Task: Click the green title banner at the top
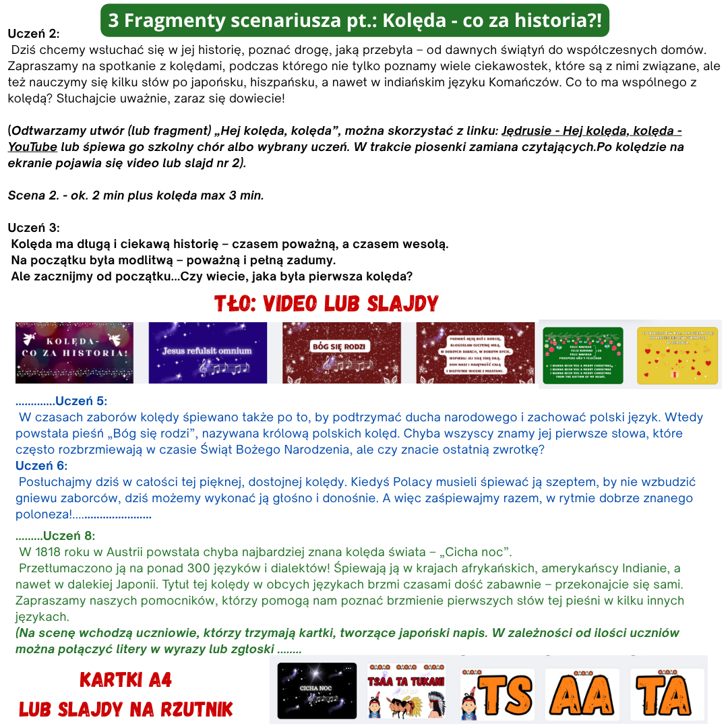coord(355,20)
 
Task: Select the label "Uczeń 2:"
coord(34,34)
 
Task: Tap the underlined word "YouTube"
coord(32,146)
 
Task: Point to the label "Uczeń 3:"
coord(34,228)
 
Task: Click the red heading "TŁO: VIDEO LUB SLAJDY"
coord(326,303)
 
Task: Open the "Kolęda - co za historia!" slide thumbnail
coord(74,353)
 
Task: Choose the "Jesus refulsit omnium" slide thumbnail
coord(208,353)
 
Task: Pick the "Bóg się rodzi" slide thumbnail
coord(341,353)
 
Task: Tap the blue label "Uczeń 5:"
coord(81,402)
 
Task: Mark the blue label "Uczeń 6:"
coord(42,466)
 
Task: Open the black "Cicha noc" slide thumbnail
coord(317,690)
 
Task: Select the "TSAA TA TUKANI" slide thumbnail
coord(406,690)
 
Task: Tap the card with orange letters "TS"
coord(497,694)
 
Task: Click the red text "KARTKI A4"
coord(126,680)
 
